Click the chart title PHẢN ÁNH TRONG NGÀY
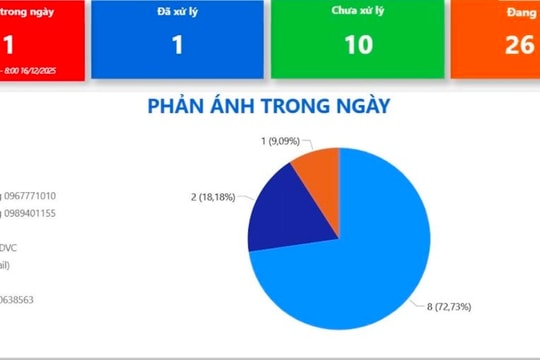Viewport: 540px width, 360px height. tap(268, 106)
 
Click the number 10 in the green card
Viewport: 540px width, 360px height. tap(358, 45)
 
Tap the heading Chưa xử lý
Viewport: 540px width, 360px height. tap(358, 12)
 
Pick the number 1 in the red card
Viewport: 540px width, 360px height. tap(9, 45)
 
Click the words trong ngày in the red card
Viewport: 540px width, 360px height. tap(27, 12)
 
